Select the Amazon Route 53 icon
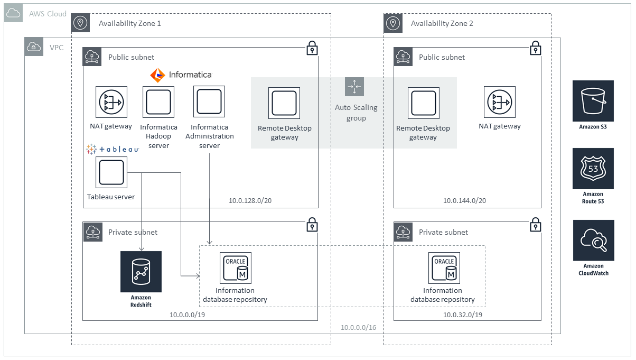click(x=593, y=168)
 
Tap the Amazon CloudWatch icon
click(x=593, y=241)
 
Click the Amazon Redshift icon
click(x=141, y=272)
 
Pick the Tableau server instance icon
click(x=111, y=172)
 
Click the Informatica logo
click(x=181, y=75)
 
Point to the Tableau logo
click(x=113, y=150)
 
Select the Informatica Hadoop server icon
click(x=158, y=102)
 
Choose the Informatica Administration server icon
click(x=209, y=102)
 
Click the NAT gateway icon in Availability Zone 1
click(x=111, y=102)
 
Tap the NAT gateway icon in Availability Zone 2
click(x=500, y=102)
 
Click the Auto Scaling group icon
click(x=354, y=87)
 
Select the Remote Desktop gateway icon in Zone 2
click(x=424, y=103)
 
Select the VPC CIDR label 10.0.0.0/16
click(x=359, y=328)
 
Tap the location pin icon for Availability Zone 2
click(x=392, y=23)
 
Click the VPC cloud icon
click(x=34, y=47)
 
